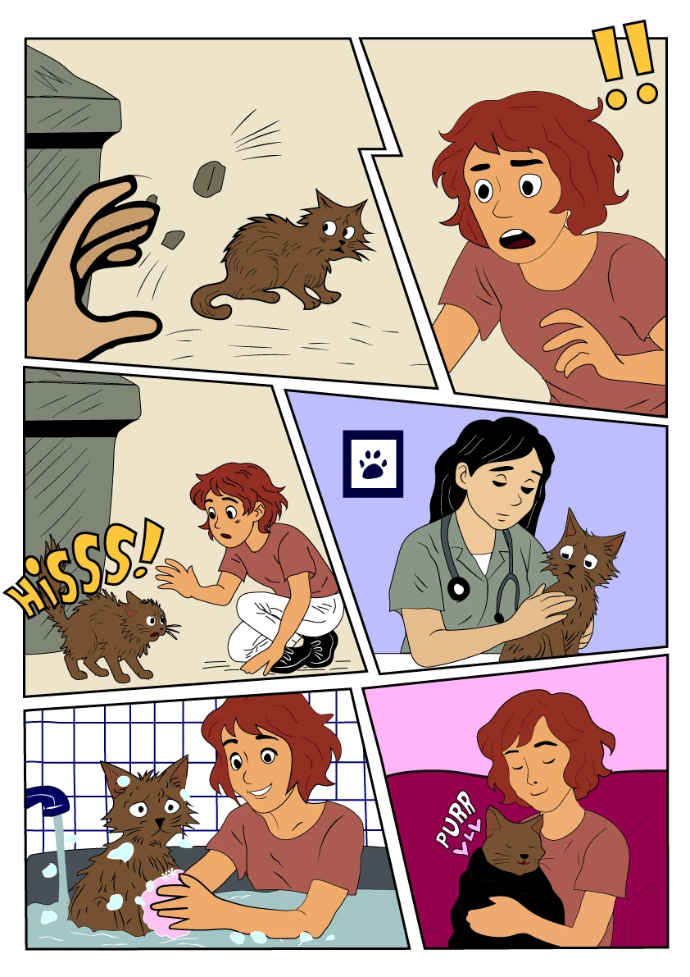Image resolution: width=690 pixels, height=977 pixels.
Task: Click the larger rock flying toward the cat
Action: point(209,175)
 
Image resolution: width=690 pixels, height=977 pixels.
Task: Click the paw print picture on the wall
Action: point(373,463)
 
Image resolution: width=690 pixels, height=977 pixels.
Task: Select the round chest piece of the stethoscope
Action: point(459,588)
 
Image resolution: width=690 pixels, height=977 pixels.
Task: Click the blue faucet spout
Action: point(48,800)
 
